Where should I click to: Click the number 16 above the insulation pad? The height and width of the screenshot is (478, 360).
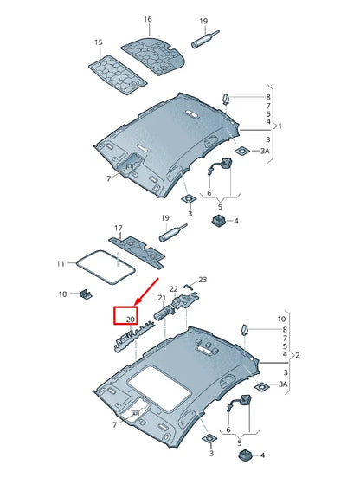147,18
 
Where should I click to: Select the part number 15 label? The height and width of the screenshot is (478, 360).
98,42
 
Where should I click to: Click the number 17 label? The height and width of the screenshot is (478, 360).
119,229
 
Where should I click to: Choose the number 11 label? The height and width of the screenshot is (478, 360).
60,262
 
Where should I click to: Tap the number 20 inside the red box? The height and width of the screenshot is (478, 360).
130,320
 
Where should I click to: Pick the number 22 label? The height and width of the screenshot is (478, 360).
173,288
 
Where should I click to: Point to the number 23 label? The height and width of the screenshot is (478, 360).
202,280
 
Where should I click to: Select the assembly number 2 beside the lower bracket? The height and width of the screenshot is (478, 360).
299,356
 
